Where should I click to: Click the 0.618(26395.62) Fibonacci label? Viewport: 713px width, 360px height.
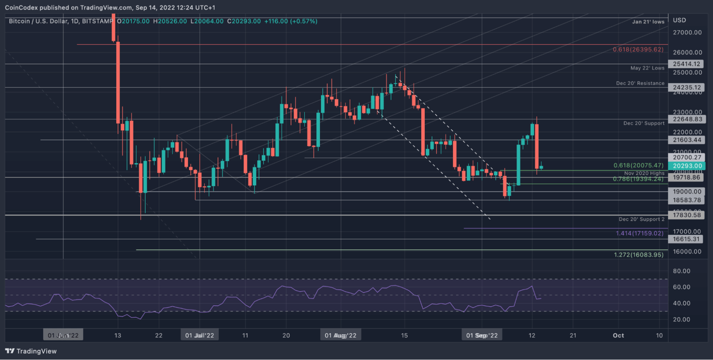point(638,50)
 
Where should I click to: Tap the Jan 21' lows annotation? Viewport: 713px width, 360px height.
point(648,22)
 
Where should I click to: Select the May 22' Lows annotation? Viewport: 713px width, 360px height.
point(647,68)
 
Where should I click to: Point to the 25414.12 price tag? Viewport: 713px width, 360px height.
point(688,64)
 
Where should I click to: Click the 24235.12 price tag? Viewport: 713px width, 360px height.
point(688,88)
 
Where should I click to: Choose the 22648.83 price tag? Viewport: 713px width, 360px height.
point(688,119)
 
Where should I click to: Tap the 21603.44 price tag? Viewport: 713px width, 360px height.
point(688,140)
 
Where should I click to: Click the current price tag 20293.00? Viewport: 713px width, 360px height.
point(688,166)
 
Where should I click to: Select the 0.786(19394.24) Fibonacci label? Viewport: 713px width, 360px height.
point(638,179)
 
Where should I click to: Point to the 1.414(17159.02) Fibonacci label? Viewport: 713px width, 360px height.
point(639,233)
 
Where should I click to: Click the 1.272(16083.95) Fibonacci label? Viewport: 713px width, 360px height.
point(638,255)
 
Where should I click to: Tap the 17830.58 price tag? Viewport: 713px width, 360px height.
point(688,215)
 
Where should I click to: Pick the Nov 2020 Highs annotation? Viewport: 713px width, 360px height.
point(644,173)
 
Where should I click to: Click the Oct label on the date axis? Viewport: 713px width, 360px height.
point(618,335)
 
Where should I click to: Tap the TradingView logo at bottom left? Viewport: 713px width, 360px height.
point(31,351)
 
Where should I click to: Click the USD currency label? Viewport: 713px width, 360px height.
point(679,20)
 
